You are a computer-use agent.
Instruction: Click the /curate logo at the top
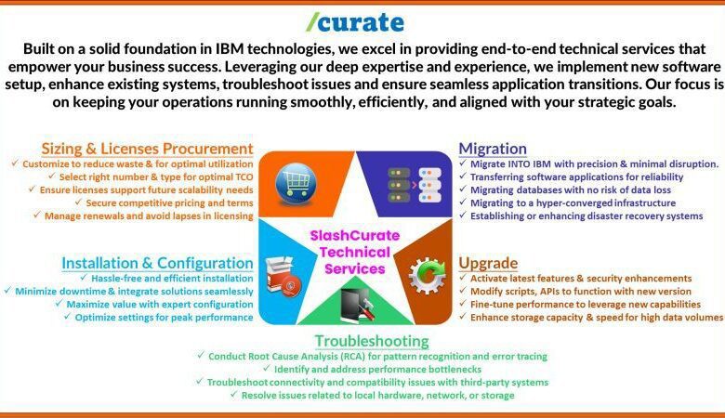(x=355, y=22)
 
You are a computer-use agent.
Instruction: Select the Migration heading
(x=493, y=149)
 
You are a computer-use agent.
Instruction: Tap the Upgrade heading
(x=488, y=263)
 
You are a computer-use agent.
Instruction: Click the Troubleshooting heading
(x=372, y=341)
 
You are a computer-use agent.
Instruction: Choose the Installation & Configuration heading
(x=157, y=263)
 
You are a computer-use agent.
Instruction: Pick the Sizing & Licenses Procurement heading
(x=147, y=149)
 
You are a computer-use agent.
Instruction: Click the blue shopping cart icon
(x=296, y=183)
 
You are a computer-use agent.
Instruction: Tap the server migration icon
(x=414, y=185)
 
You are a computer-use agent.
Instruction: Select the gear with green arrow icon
(x=427, y=275)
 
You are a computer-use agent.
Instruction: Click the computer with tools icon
(x=357, y=304)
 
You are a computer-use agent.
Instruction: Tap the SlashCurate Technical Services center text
(x=355, y=252)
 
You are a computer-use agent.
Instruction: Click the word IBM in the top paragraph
(x=227, y=49)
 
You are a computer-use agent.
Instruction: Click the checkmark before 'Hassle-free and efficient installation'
(x=84, y=277)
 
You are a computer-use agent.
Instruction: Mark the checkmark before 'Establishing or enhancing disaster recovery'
(x=463, y=215)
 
